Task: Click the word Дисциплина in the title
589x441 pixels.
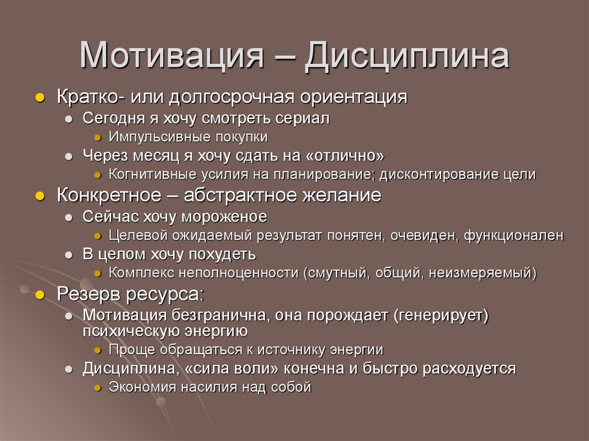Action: click(407, 56)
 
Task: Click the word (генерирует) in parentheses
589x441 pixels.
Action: click(441, 315)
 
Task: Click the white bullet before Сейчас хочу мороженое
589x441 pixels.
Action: click(68, 217)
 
